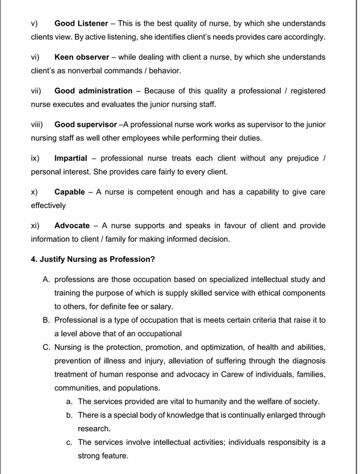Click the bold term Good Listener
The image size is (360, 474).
pos(81,24)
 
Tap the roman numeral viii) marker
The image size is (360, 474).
pos(37,124)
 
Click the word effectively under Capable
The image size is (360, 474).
pos(49,205)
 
